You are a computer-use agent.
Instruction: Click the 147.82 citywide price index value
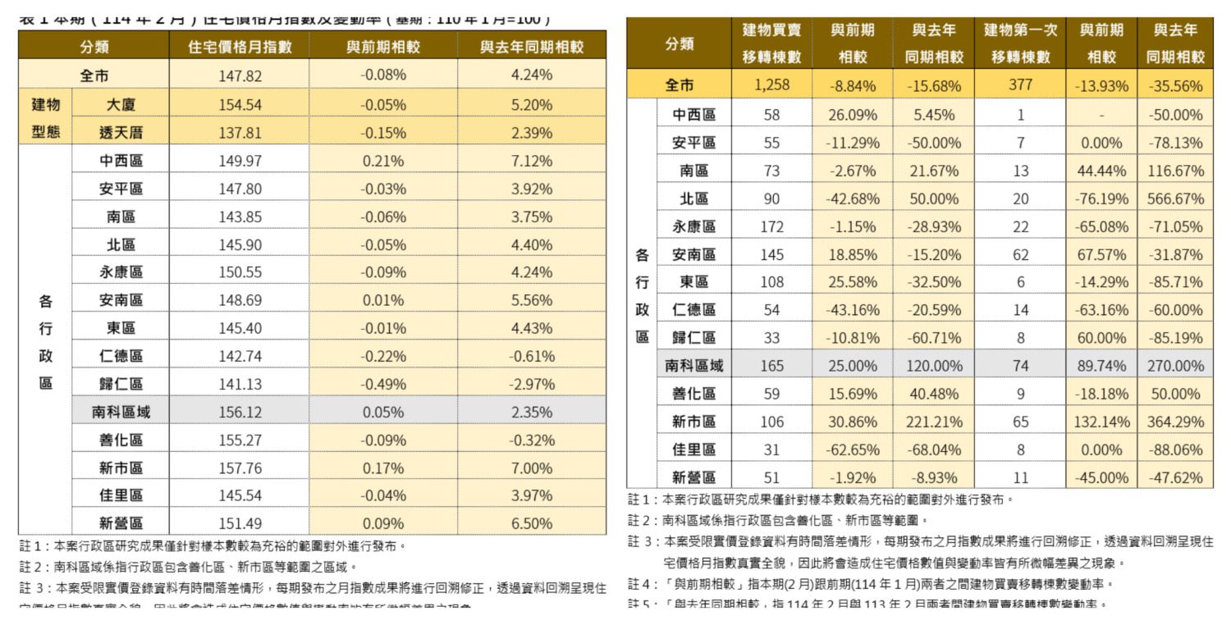[240, 75]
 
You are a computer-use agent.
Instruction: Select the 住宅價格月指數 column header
[240, 48]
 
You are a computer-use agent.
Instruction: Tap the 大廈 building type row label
[121, 105]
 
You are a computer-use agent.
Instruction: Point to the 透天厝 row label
[121, 132]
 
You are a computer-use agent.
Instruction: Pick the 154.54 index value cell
[240, 105]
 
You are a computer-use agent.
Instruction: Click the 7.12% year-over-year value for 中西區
[531, 161]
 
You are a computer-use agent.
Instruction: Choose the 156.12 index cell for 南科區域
[240, 412]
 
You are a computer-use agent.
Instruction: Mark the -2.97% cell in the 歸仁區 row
[531, 384]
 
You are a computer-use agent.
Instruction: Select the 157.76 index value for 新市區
[240, 468]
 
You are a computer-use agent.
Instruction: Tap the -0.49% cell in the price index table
[383, 384]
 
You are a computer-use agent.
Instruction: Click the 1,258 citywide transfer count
[771, 85]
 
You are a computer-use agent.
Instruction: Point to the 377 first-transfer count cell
[1020, 85]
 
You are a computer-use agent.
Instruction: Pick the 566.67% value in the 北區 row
[1176, 198]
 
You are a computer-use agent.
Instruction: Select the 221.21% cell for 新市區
[934, 422]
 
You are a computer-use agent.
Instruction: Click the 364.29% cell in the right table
[1176, 422]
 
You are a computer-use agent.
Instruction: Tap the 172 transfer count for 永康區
[771, 226]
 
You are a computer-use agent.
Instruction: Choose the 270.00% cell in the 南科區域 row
[1176, 366]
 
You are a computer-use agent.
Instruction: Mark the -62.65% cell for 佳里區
[853, 449]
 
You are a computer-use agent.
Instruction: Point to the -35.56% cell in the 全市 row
[1176, 85]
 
